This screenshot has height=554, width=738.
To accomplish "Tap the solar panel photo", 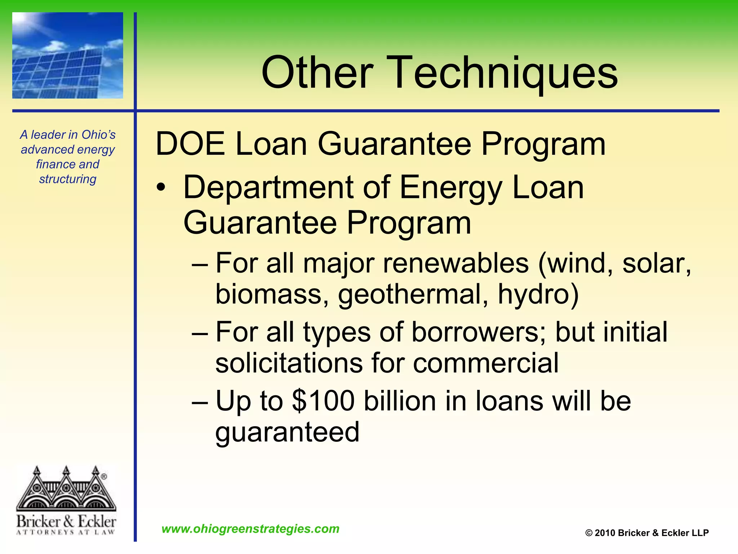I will click(x=68, y=56).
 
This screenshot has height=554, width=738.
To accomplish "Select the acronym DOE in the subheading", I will click(x=190, y=144).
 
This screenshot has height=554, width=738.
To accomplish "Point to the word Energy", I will click(x=450, y=188).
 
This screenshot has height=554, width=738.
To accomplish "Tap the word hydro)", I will click(x=538, y=294).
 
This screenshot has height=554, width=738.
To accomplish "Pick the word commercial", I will click(x=486, y=363).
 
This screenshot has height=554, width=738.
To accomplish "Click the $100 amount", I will click(x=323, y=401).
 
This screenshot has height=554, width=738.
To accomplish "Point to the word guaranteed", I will click(x=287, y=432).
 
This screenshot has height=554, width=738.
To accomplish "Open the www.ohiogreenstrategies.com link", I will click(x=250, y=529).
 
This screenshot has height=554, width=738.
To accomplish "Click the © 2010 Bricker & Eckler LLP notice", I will click(x=647, y=533).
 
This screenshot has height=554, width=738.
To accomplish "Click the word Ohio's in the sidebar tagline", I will click(x=98, y=135).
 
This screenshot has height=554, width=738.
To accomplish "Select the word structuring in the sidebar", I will click(x=68, y=179).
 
